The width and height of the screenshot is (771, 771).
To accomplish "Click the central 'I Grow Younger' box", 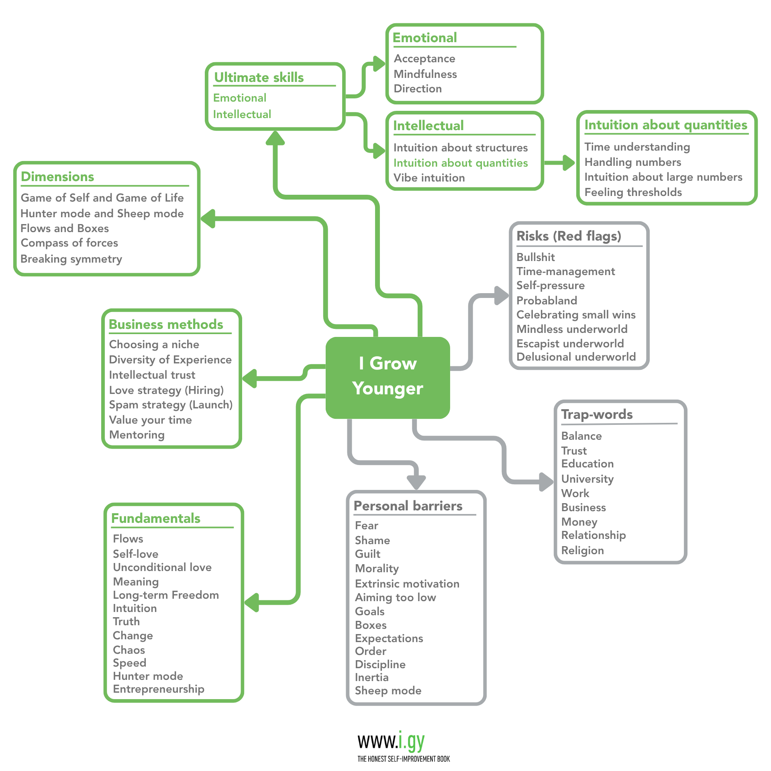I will pos(388,377).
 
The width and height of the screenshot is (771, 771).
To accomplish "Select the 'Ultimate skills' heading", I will pos(259,78).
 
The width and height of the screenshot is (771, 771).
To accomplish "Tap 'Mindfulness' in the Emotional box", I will pos(425,74).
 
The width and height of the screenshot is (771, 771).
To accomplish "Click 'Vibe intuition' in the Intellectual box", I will pos(429,178).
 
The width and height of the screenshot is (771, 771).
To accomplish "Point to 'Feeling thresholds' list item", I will pos(633,192).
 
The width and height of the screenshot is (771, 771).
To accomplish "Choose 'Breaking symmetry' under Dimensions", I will pos(71,259).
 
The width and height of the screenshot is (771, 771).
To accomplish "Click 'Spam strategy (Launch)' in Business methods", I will pos(171,405).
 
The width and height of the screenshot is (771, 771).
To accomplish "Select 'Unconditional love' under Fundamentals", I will pos(162,567).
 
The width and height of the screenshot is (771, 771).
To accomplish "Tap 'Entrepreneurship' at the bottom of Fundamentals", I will pos(159,689).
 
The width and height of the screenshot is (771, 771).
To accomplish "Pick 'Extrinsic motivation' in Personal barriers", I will pos(407,584).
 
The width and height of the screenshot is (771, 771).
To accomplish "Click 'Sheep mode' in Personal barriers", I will pos(388,691).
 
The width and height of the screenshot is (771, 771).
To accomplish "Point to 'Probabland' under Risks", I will pos(547,300).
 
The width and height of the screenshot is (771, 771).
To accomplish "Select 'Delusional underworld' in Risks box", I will pos(576,357).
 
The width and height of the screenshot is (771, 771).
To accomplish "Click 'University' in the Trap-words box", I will pos(587,479).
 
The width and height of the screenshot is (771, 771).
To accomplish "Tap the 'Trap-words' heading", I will pos(597,414).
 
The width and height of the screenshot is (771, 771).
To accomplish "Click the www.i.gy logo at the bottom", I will pos(392,741).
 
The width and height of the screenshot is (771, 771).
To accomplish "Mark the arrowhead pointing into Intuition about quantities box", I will pos(569,163).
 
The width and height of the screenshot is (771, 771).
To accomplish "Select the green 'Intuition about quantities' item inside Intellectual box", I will pos(460,163).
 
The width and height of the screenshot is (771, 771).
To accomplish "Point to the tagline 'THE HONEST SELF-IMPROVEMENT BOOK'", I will pos(404,759).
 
